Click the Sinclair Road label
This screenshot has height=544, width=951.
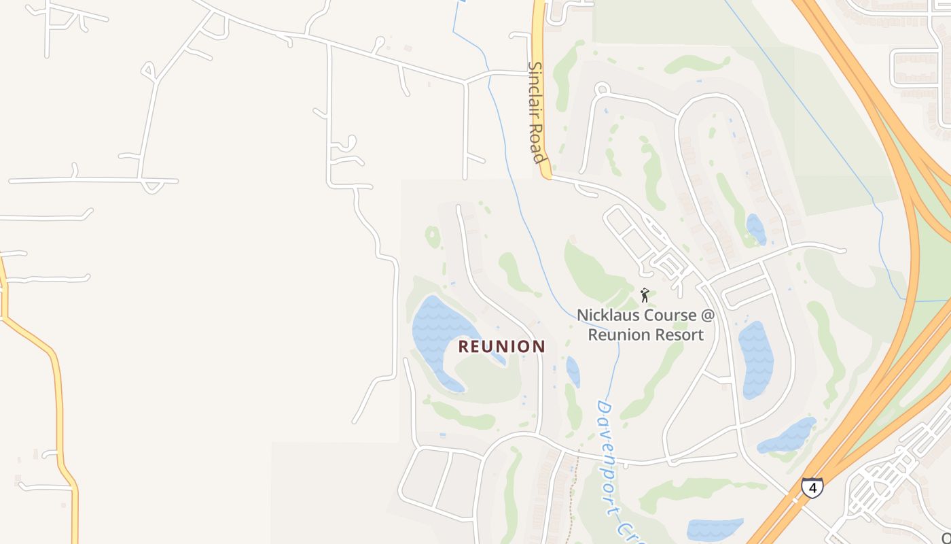pyautogui.click(x=537, y=113)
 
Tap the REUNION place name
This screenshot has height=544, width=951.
pyautogui.click(x=501, y=347)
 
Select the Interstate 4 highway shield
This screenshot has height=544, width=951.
pyautogui.click(x=812, y=488)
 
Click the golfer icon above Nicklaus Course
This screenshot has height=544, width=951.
pyautogui.click(x=645, y=295)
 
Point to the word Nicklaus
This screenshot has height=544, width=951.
pyautogui.click(x=607, y=316)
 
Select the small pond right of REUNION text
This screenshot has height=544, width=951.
pyautogui.click(x=573, y=371)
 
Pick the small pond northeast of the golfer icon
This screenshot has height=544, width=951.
pyautogui.click(x=755, y=229)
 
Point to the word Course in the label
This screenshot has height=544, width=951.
pyautogui.click(x=670, y=316)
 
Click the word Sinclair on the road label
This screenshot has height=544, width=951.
pyautogui.click(x=536, y=95)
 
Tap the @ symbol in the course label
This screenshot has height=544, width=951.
pyautogui.click(x=708, y=316)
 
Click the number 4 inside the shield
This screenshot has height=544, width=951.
pyautogui.click(x=812, y=488)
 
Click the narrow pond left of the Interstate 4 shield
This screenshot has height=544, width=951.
pyautogui.click(x=788, y=435)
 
